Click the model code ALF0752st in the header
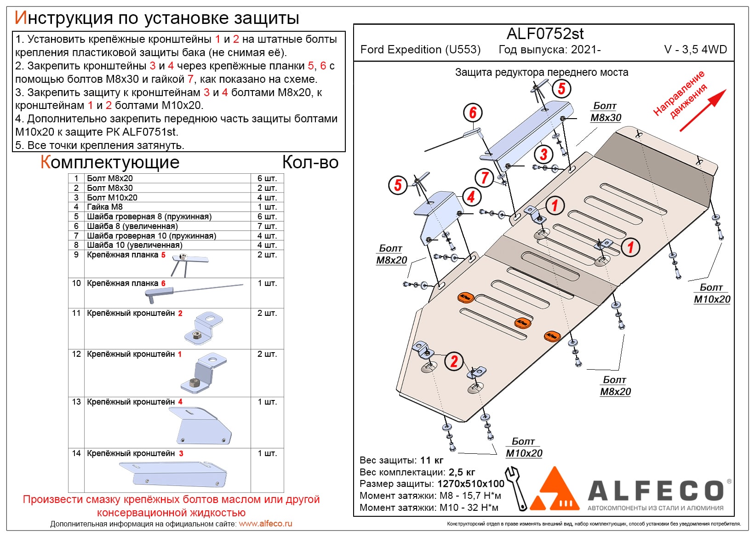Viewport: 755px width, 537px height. click(545, 34)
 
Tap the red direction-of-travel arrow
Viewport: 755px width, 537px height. click(704, 110)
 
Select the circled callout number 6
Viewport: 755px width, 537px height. click(473, 113)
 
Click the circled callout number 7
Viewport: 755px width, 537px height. click(485, 177)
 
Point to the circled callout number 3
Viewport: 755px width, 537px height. click(544, 154)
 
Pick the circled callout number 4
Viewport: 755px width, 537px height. click(471, 197)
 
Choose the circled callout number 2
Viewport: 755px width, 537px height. click(454, 361)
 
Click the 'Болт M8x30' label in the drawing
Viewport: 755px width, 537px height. click(606, 112)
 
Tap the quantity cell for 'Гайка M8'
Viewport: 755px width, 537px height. click(267, 207)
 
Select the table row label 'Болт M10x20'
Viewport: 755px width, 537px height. click(112, 197)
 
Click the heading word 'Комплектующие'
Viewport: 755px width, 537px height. click(110, 162)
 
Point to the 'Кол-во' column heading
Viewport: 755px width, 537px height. click(310, 162)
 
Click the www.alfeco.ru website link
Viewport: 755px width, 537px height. click(265, 524)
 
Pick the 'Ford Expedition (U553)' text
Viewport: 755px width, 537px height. click(420, 50)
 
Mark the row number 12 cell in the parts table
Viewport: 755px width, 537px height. click(76, 354)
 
